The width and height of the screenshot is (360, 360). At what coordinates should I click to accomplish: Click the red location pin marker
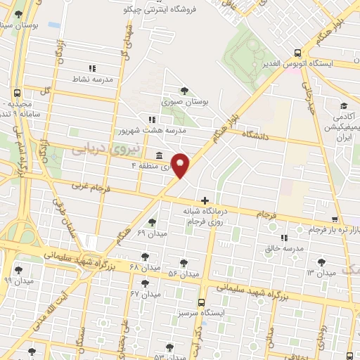[181, 164]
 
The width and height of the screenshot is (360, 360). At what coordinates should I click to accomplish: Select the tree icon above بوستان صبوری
[184, 91]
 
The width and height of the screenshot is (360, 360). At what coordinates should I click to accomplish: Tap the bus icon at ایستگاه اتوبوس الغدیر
[298, 52]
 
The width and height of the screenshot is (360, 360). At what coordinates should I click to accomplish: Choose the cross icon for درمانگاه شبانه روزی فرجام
[205, 200]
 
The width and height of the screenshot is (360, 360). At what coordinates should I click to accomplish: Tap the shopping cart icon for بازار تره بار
[335, 219]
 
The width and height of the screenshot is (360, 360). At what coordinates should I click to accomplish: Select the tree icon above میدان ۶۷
[145, 283]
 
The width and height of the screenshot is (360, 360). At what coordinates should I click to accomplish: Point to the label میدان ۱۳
[321, 271]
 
